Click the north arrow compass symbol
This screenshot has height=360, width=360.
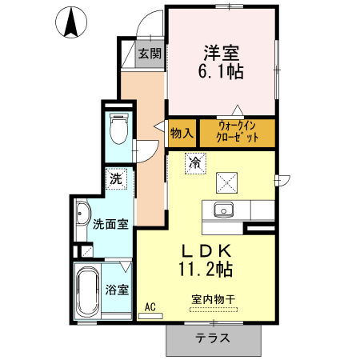click(70, 22)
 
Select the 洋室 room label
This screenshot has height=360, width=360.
click(220, 54)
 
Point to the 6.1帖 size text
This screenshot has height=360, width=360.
click(220, 72)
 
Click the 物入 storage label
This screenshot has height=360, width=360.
click(181, 133)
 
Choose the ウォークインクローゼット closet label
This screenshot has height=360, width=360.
click(238, 133)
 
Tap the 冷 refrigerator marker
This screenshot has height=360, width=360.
click(194, 162)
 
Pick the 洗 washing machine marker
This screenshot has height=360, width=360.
click(116, 179)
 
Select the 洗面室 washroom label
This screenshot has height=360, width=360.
click(110, 225)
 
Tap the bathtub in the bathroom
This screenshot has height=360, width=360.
click(86, 290)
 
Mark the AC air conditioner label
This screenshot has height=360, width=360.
click(150, 306)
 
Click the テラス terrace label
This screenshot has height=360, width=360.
click(213, 338)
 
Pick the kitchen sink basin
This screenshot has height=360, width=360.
click(222, 210)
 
